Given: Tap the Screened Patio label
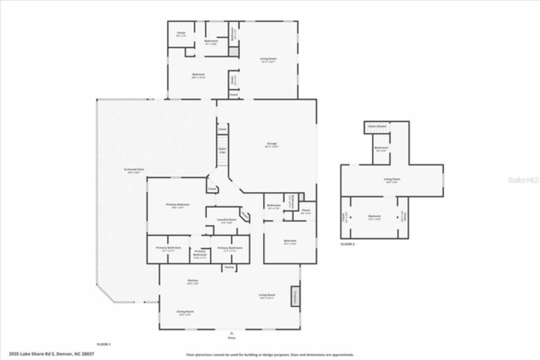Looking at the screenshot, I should click(134, 169).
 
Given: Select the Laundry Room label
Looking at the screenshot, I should click(227, 220).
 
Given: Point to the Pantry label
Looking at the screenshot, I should click(229, 267).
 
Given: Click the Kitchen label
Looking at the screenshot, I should click(192, 281).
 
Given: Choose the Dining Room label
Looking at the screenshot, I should click(185, 312).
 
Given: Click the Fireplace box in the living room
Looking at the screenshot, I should click(295, 296).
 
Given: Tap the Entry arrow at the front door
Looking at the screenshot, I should click(231, 333).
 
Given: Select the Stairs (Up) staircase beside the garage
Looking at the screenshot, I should click(222, 150).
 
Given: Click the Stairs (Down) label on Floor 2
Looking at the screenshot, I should click(377, 126).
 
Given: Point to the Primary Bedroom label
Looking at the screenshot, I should click(177, 204).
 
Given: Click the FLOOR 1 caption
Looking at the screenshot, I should click(103, 344).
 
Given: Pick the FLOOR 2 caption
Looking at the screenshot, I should click(348, 244).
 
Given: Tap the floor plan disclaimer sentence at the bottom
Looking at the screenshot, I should click(270, 355).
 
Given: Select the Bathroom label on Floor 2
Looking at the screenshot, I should click(381, 148).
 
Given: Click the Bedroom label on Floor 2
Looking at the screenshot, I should click(374, 216).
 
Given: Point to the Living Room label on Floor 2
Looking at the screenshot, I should click(391, 180).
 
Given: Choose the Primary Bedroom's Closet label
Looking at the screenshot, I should click(212, 189).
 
